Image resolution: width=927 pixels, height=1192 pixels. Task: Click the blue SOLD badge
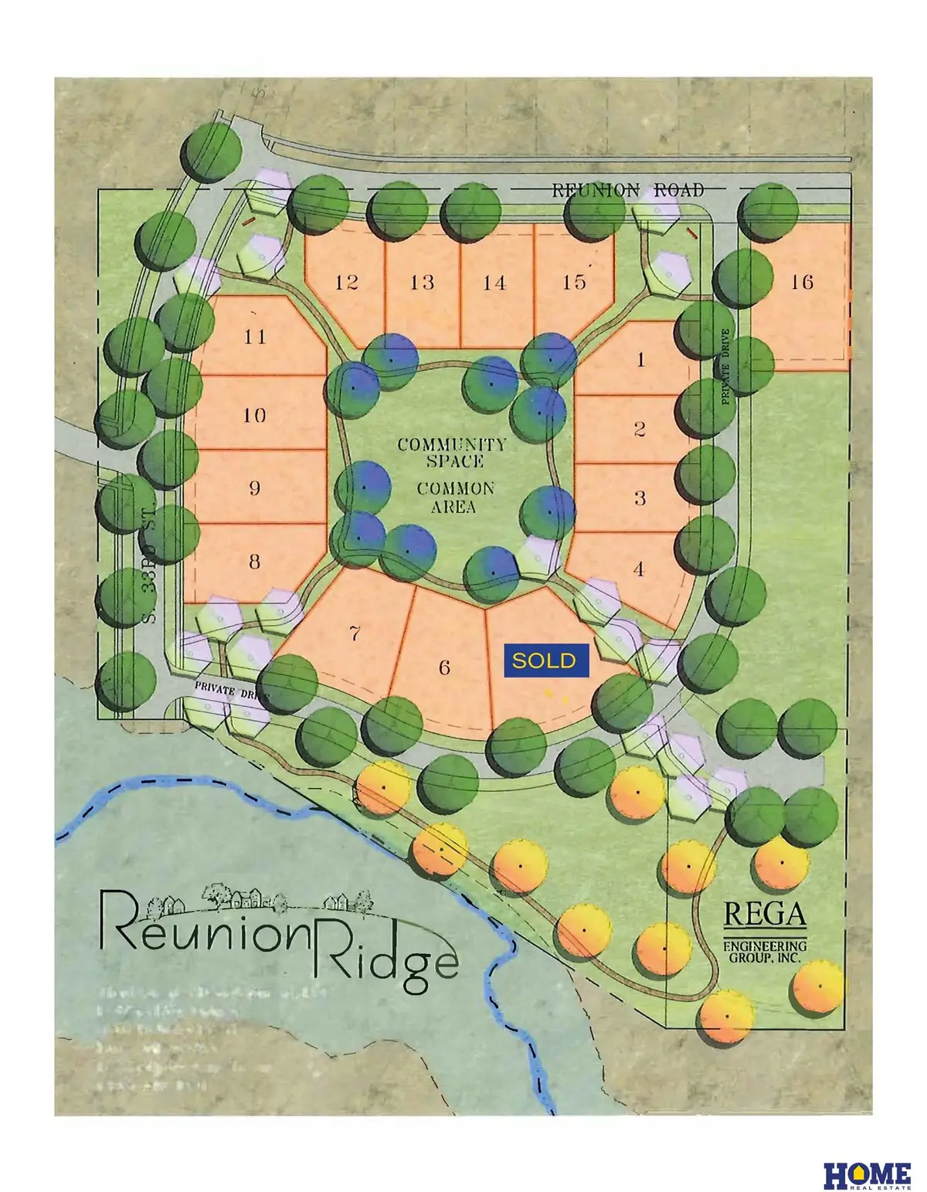[546, 661]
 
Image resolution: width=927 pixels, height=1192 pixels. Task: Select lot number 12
[347, 282]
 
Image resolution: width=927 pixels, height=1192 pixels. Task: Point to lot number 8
[254, 562]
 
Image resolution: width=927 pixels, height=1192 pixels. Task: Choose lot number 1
[640, 359]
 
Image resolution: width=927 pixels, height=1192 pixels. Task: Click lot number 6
[444, 667]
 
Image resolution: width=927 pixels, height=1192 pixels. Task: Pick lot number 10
[254, 415]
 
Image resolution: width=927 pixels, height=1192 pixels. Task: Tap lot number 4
[639, 569]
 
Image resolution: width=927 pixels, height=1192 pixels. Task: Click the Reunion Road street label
[628, 190]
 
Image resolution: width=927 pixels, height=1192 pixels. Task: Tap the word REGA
[764, 915]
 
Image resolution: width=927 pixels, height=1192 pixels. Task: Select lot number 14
[494, 282]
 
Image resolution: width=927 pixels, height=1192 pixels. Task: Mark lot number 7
[355, 634]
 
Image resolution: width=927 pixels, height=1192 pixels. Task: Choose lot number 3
[640, 498]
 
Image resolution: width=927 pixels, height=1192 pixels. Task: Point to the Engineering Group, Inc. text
[764, 951]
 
